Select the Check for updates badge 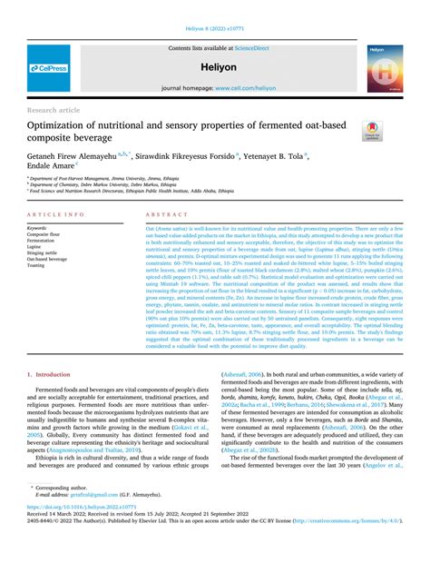(373, 131)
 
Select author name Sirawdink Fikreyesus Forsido (187, 156)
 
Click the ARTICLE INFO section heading (56, 214)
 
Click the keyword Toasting (38, 265)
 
